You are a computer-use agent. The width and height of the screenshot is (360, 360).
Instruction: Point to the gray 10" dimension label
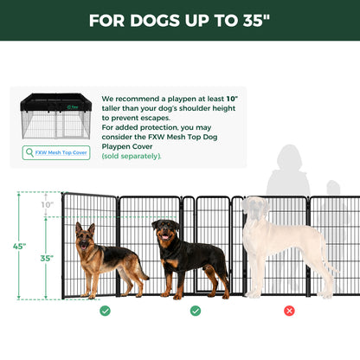(x=46, y=205)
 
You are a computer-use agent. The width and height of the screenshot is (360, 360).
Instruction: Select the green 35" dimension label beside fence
(x=46, y=258)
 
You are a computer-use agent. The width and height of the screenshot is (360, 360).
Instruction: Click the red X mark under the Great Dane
(x=289, y=311)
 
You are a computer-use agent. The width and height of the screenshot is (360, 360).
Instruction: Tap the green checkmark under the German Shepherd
(x=105, y=311)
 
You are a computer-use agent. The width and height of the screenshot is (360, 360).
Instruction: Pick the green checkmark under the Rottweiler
(x=195, y=311)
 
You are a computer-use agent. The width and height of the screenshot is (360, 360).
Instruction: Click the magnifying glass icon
(x=31, y=152)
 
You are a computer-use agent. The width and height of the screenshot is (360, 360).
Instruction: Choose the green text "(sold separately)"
(x=132, y=157)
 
